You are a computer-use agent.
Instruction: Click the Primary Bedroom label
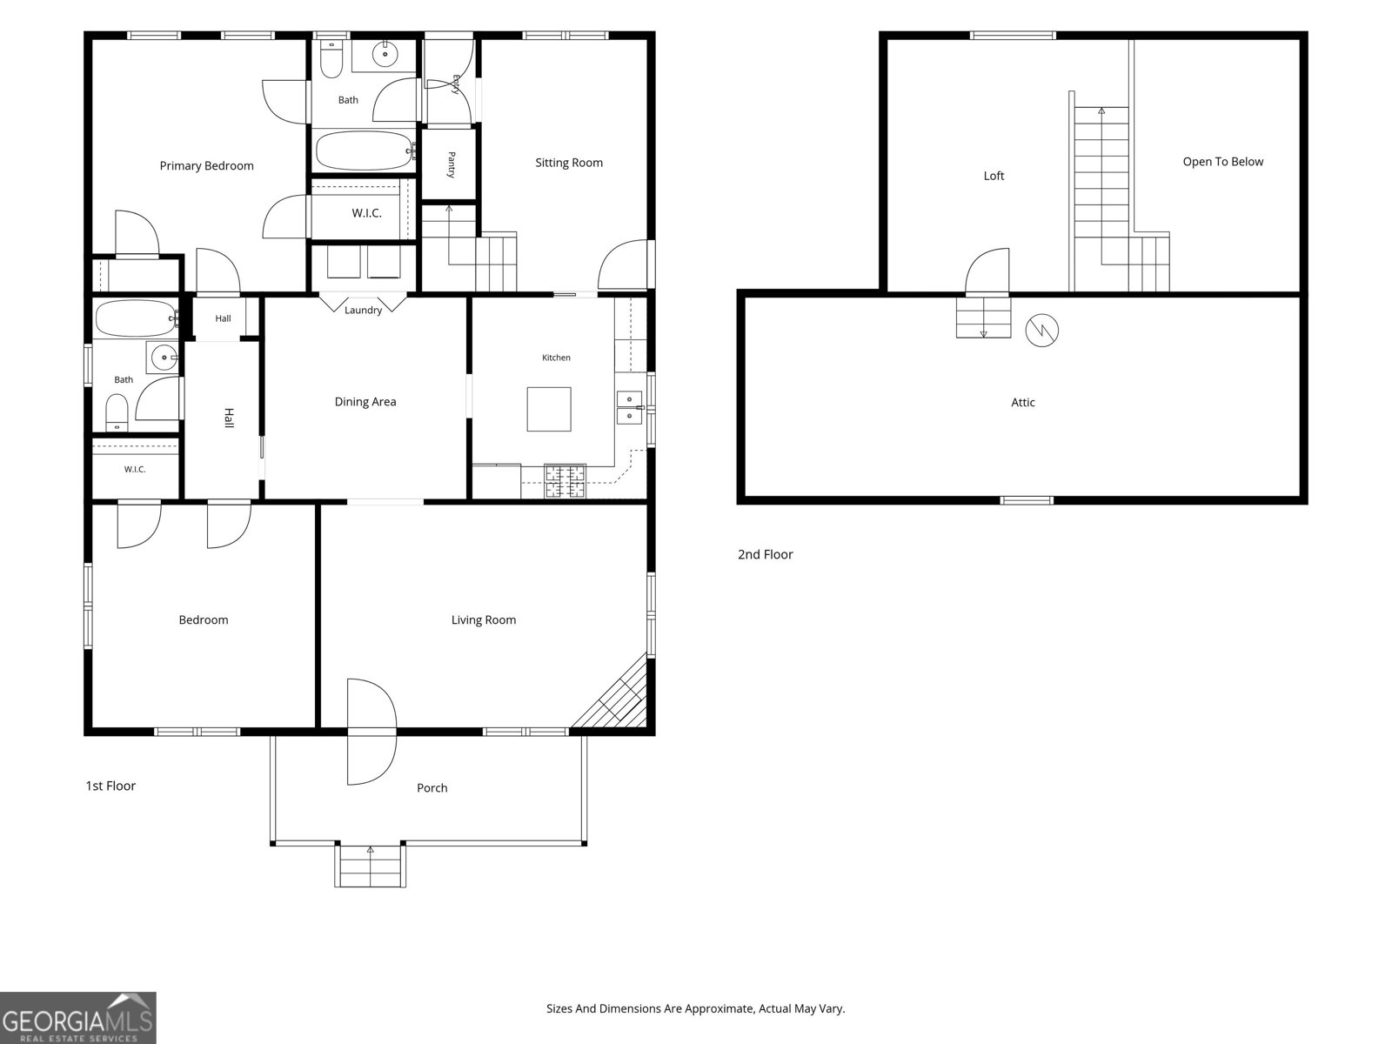(207, 166)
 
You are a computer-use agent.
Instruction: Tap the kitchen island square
(549, 410)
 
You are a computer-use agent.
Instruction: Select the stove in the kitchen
(565, 481)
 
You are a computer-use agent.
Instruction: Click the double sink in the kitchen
(629, 407)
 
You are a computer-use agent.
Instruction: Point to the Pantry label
(452, 164)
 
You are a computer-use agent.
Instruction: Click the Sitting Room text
(569, 163)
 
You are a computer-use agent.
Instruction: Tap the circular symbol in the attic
(1042, 331)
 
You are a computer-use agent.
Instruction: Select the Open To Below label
(1222, 162)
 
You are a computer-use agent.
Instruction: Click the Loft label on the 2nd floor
(994, 177)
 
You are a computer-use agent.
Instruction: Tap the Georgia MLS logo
(78, 1017)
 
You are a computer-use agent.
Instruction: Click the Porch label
(432, 788)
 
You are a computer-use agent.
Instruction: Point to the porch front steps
(371, 866)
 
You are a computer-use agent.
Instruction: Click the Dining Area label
(365, 402)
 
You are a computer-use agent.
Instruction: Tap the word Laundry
(364, 310)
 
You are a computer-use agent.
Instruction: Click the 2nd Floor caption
(766, 555)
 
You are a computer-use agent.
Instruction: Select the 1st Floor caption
(111, 786)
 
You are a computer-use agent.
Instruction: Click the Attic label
(1023, 403)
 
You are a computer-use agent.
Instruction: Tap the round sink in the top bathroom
(385, 55)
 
